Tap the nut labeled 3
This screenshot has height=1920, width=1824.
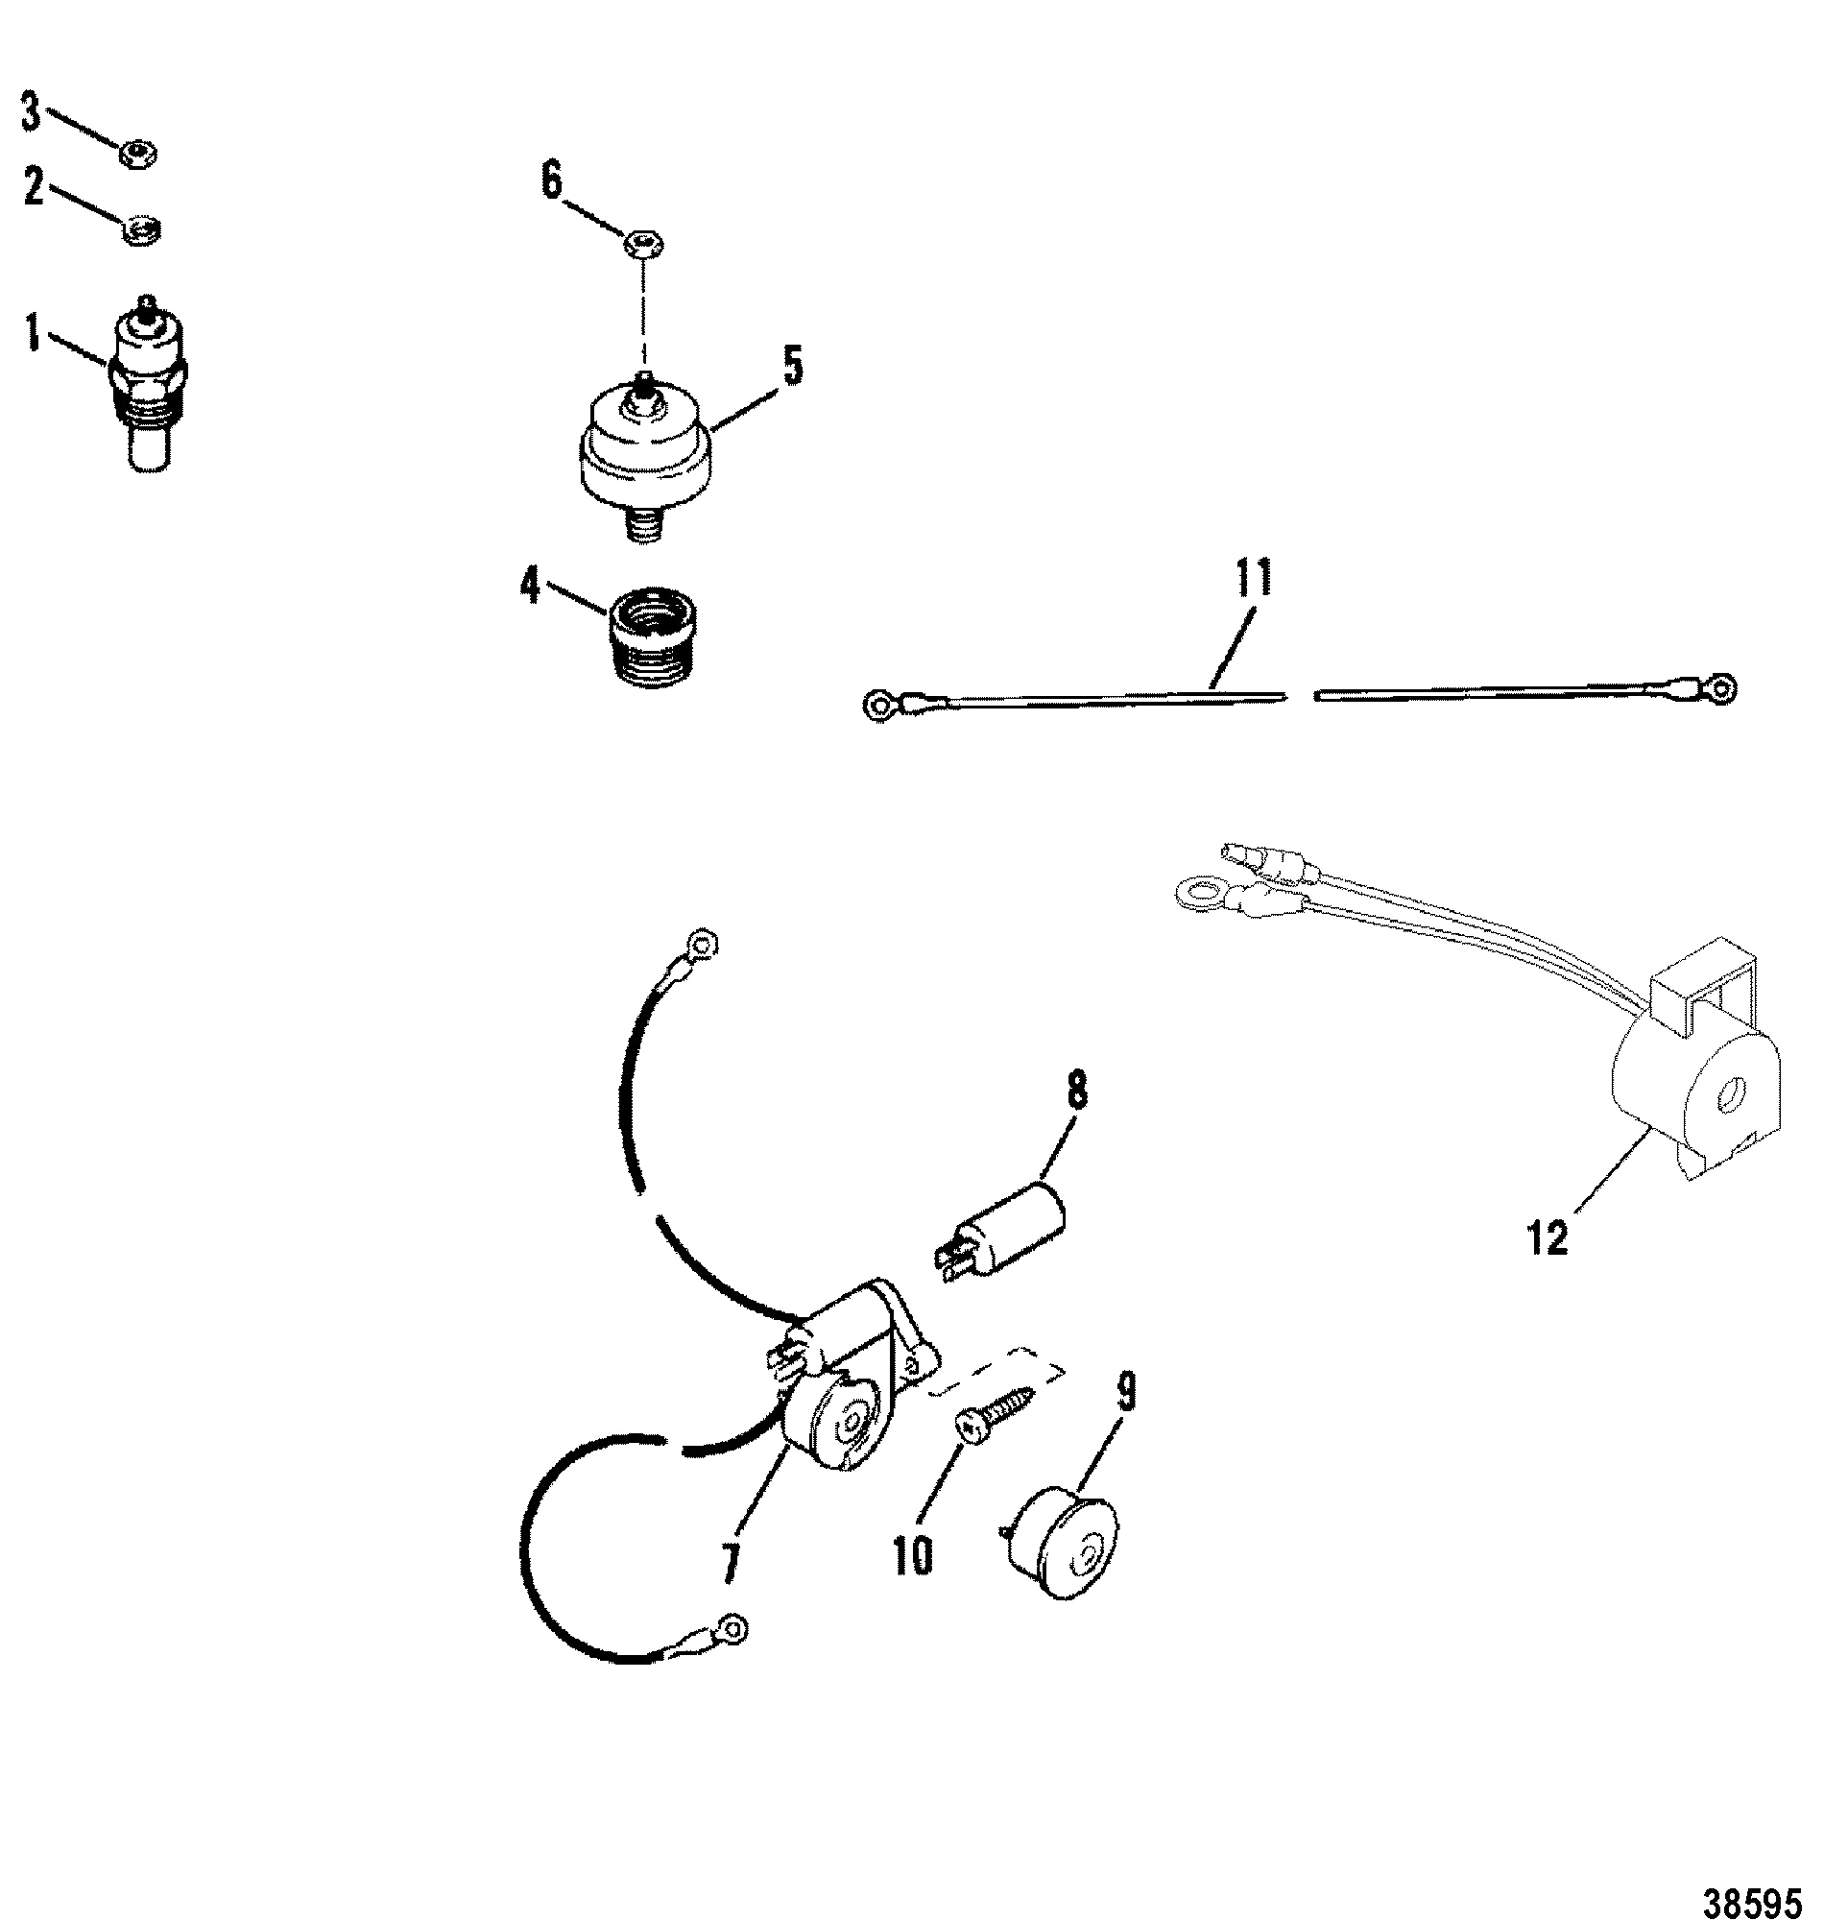140,153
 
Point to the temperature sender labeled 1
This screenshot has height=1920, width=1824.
150,383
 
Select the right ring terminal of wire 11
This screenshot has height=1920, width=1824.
1721,689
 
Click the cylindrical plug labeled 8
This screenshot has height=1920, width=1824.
1000,1231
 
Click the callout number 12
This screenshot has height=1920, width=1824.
1548,1237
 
